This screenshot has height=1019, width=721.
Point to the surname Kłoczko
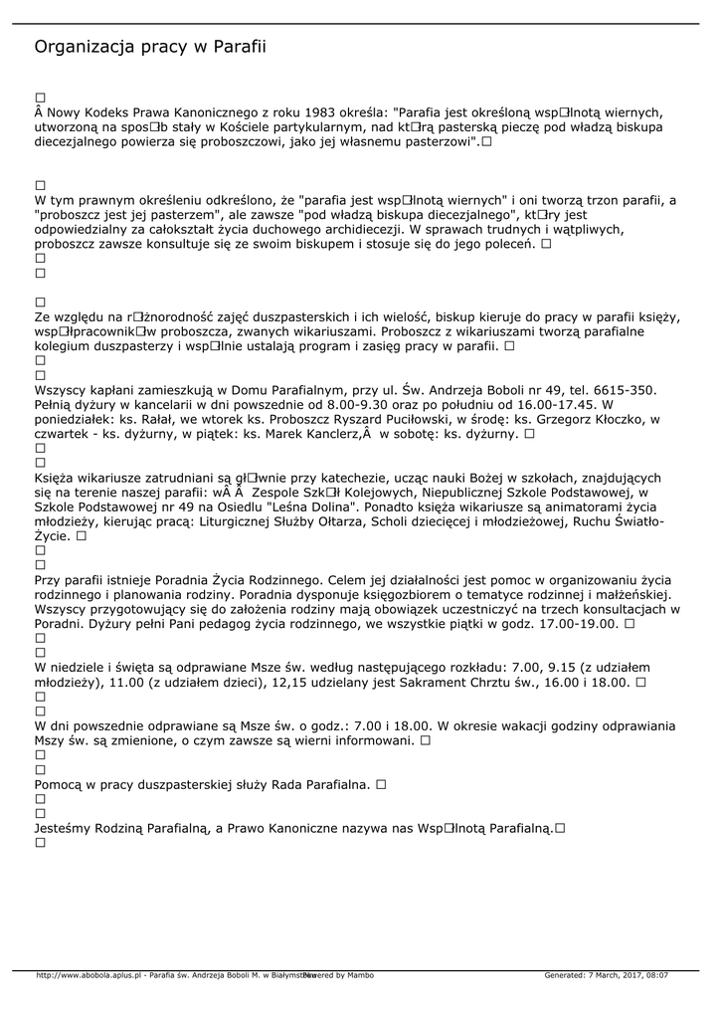coord(603,420)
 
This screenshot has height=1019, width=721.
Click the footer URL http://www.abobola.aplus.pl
coord(90,975)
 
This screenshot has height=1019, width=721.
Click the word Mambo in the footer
coord(361,975)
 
